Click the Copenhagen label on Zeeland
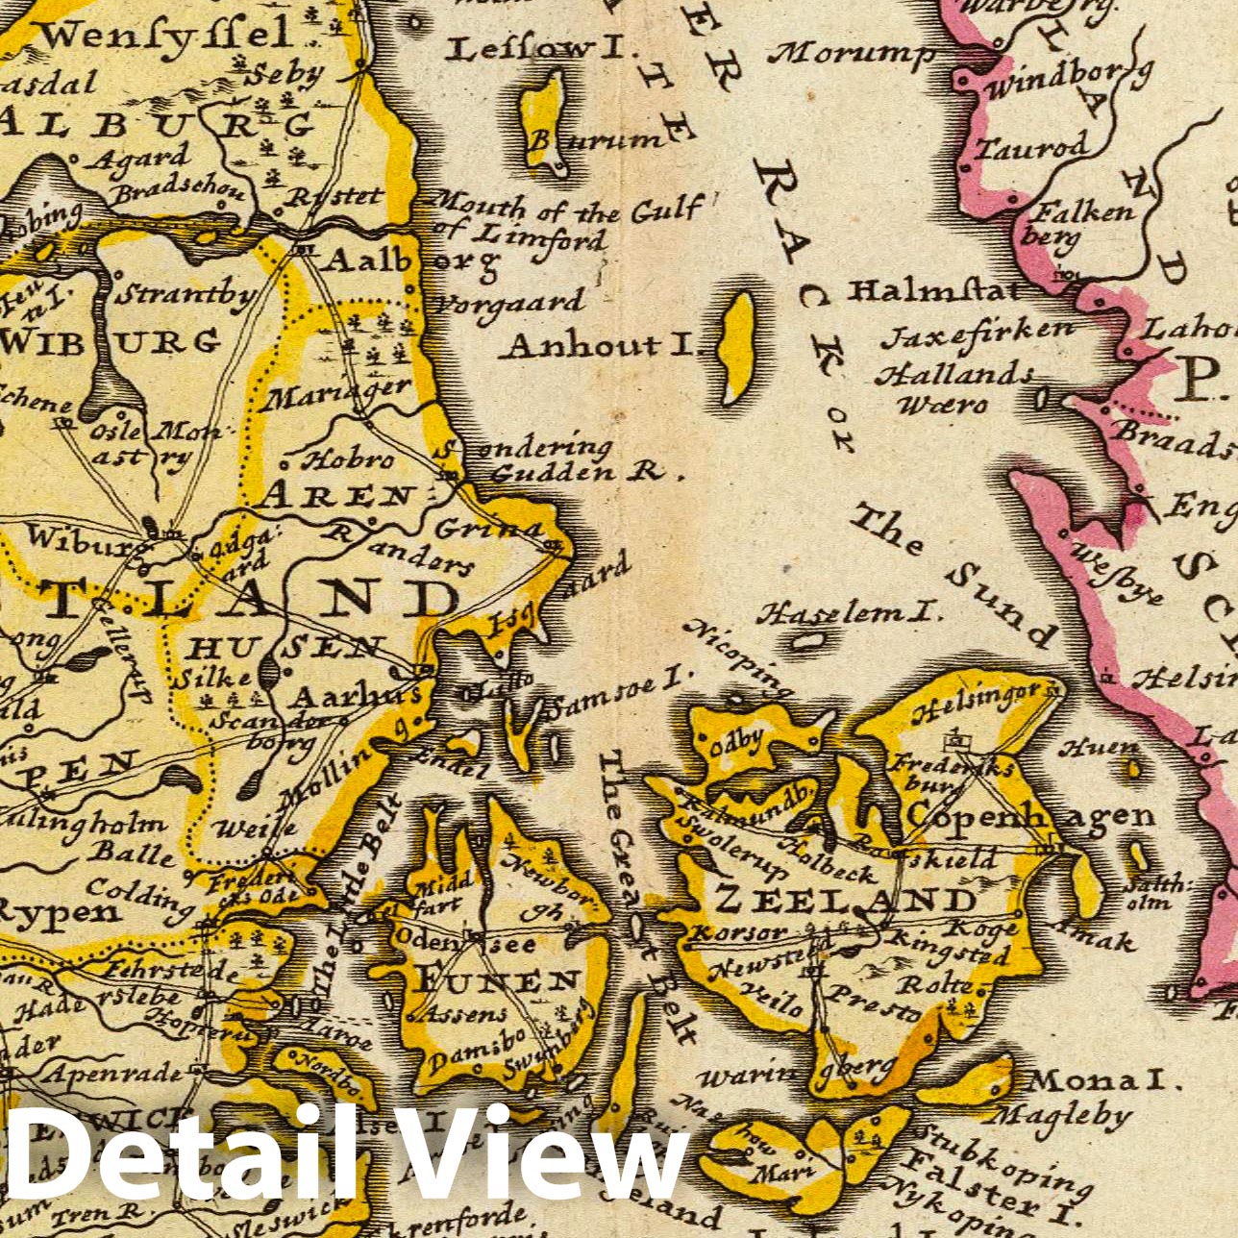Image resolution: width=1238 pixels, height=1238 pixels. (1030, 816)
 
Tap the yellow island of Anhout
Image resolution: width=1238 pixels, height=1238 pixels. (738, 347)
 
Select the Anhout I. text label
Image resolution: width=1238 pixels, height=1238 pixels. (602, 344)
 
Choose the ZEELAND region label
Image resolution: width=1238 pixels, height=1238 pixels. (846, 901)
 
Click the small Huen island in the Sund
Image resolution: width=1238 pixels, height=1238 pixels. (1134, 768)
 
